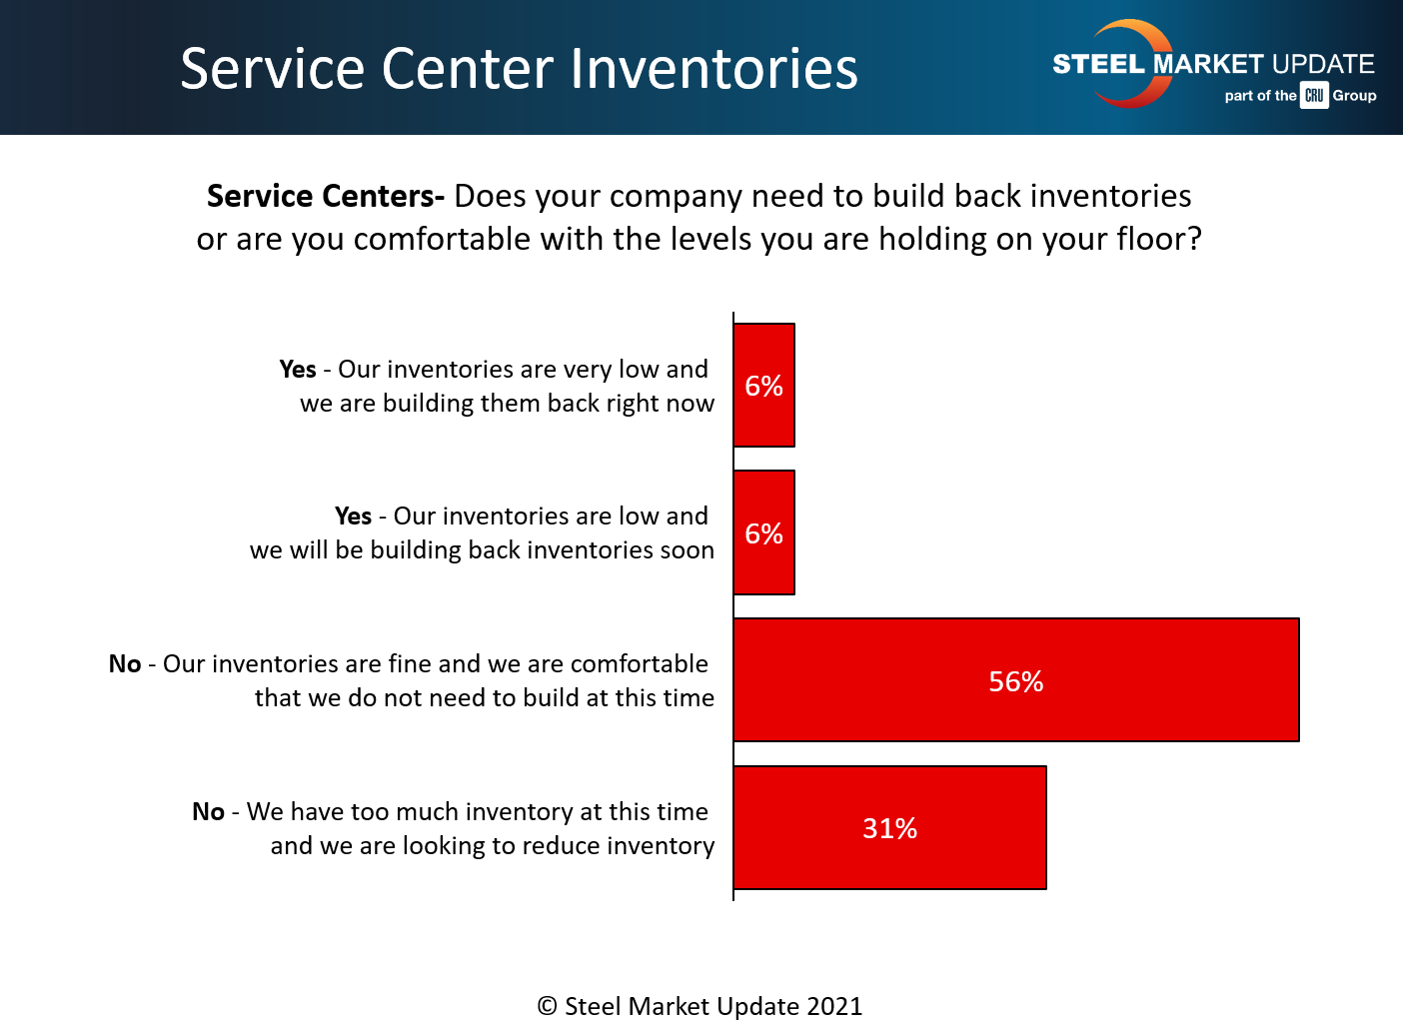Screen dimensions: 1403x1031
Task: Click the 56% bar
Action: point(1016,679)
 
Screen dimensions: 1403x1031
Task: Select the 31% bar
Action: point(889,827)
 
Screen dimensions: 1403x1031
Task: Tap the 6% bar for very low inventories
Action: point(764,386)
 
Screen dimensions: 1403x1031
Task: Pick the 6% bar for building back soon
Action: point(764,532)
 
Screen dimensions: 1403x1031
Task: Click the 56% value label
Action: point(1016,681)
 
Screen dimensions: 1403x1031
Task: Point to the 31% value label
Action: point(890,828)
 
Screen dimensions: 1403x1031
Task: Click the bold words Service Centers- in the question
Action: point(326,196)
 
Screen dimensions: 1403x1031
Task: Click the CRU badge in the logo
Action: point(1314,95)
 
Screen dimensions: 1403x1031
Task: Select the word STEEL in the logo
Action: point(1098,64)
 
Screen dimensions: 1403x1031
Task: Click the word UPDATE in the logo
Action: point(1323,64)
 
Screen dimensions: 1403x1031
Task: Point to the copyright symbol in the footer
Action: point(547,1006)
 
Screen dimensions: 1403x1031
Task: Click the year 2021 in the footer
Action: point(834,1006)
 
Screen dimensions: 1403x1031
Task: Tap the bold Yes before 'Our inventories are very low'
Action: point(298,369)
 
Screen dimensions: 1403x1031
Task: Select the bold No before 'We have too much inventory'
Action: point(208,811)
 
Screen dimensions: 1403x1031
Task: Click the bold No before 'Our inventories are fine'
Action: point(125,663)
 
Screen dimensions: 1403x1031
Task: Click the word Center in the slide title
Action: point(468,68)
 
